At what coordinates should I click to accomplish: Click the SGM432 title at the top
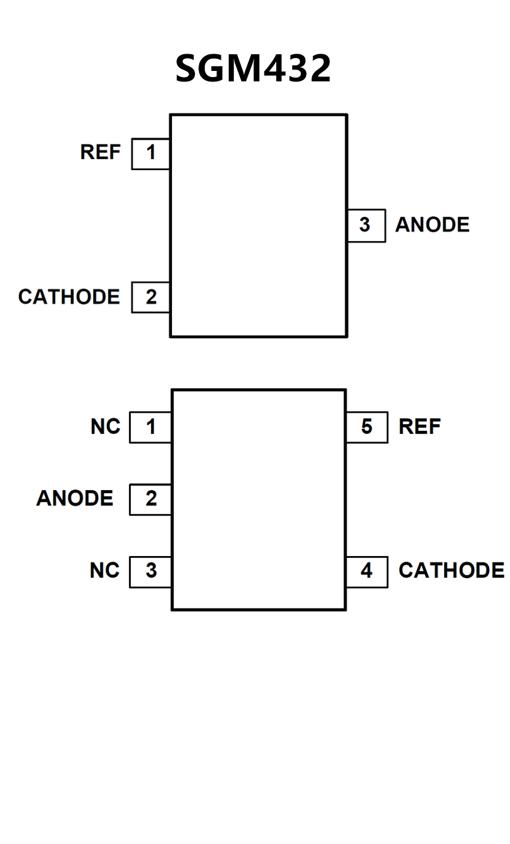[253, 68]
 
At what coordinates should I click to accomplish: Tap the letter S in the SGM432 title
[189, 68]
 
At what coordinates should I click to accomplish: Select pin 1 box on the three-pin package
[151, 153]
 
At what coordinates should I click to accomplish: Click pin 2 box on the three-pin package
[151, 297]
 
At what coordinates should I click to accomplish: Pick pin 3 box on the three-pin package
[366, 225]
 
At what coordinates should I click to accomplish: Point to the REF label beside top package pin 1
[101, 152]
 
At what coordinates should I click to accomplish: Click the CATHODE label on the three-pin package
[69, 297]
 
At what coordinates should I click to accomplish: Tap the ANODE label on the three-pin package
[432, 225]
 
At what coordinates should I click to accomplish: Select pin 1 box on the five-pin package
[150, 427]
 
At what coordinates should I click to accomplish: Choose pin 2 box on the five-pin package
[150, 499]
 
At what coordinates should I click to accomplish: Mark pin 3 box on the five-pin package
[150, 571]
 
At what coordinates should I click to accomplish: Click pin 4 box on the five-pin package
[367, 571]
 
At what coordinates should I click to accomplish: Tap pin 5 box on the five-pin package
[367, 427]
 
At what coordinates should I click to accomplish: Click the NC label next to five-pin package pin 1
[105, 427]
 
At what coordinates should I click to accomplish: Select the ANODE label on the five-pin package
[75, 499]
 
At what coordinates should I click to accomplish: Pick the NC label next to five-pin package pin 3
[105, 571]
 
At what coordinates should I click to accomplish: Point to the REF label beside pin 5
[420, 427]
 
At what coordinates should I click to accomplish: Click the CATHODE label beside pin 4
[451, 571]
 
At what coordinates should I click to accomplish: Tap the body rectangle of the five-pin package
[258, 499]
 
